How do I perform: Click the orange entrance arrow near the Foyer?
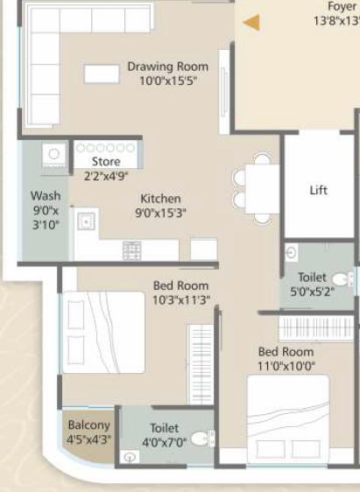tap(251, 23)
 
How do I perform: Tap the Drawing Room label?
tap(168, 67)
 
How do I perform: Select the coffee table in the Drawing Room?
tap(102, 74)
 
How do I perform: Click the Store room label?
tap(106, 162)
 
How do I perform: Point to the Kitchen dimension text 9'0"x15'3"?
tap(160, 213)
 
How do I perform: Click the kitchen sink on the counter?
tap(87, 221)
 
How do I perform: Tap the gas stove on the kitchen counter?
tap(131, 250)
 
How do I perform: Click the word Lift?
tap(319, 190)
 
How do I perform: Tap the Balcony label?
tap(89, 425)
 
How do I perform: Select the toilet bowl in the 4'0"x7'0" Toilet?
tap(202, 439)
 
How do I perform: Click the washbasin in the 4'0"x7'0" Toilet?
tap(131, 457)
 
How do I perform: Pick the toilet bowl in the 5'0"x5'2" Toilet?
tap(342, 279)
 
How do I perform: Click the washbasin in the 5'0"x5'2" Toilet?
tap(292, 253)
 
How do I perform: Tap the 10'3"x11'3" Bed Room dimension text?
tap(181, 300)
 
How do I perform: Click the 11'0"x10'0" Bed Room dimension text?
tap(286, 366)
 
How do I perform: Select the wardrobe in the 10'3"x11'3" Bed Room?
tap(201, 364)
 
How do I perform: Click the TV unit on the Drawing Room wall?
tap(224, 92)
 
